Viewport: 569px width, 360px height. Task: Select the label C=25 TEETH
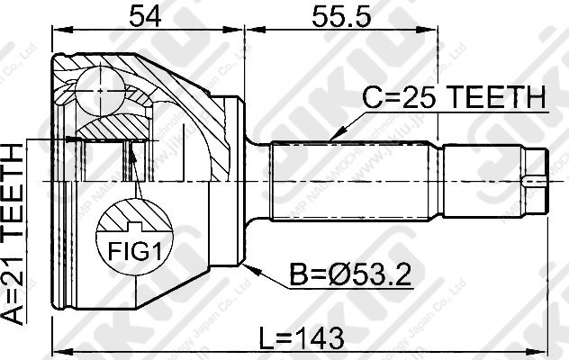(454, 97)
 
